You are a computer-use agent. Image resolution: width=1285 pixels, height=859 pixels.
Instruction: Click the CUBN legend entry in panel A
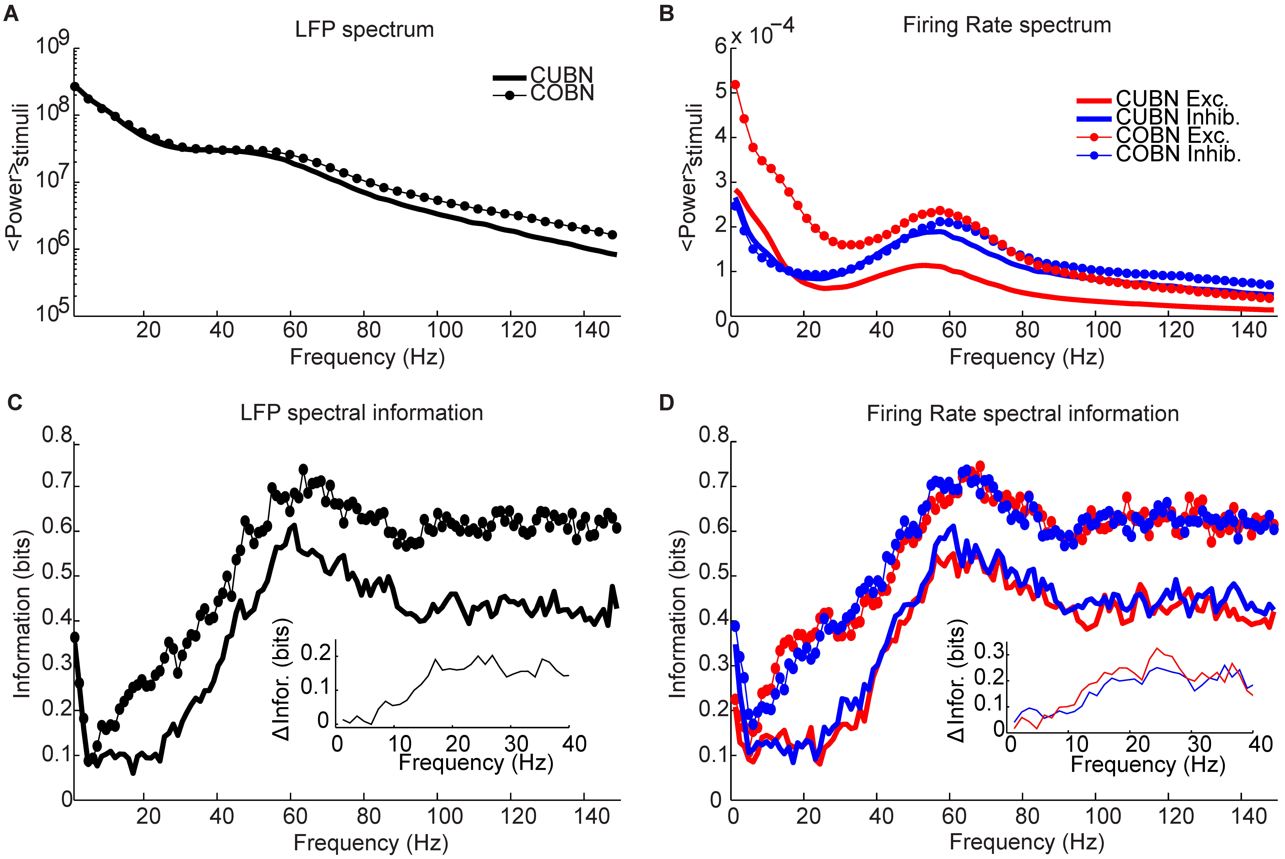tap(562, 75)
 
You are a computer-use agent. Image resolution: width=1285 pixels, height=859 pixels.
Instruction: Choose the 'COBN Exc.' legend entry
tap(1173, 135)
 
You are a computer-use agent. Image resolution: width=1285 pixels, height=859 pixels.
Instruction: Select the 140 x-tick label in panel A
tap(592, 330)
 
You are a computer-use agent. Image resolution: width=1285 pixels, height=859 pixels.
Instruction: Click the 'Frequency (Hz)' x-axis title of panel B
tap(1026, 357)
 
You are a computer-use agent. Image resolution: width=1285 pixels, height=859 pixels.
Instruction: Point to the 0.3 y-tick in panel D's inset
tap(989, 652)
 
